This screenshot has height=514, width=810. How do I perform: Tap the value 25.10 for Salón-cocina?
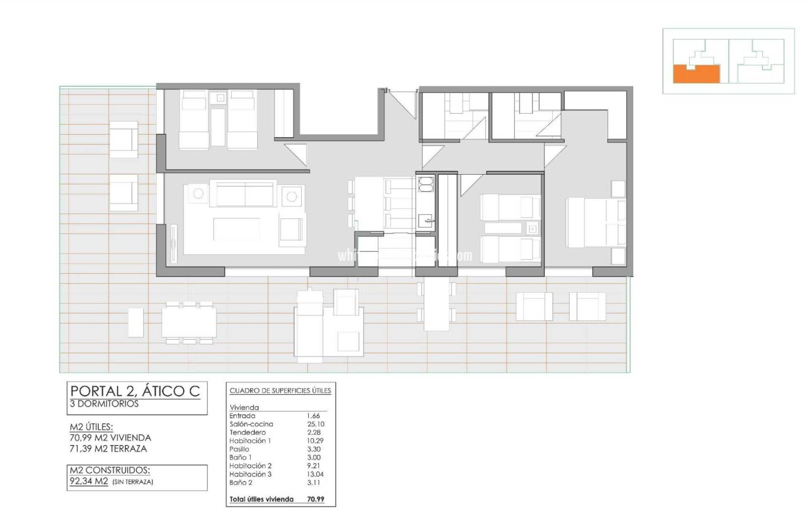tap(315, 424)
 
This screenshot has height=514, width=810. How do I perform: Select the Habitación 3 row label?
tap(250, 474)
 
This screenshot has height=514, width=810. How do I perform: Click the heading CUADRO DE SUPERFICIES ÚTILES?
tap(280, 391)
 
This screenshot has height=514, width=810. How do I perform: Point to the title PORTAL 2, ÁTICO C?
tap(135, 391)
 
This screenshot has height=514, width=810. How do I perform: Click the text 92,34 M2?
tap(89, 481)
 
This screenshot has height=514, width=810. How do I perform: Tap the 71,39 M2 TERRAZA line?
tap(108, 448)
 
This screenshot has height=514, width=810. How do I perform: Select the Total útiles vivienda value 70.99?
tap(315, 499)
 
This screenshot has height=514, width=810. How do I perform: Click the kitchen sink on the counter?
tap(425, 221)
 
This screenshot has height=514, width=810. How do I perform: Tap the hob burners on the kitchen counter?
tap(425, 184)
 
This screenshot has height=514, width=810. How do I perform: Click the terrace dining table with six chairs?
tap(189, 322)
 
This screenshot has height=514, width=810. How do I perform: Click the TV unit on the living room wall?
tap(173, 243)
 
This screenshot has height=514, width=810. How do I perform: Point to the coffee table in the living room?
tap(237, 229)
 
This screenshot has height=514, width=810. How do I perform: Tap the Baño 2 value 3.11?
tap(314, 483)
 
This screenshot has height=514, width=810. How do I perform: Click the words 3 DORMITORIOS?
tap(104, 404)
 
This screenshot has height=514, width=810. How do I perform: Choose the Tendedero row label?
tap(247, 433)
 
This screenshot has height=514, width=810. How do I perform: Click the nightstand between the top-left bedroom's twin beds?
tap(221, 98)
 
